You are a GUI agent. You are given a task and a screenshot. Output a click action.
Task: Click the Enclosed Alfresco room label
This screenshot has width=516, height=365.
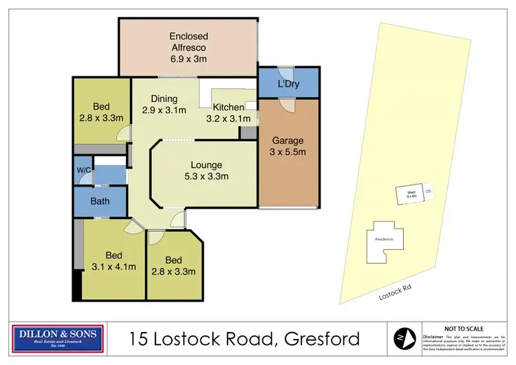(188, 48)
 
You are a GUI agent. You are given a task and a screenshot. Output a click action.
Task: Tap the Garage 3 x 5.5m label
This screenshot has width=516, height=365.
(288, 147)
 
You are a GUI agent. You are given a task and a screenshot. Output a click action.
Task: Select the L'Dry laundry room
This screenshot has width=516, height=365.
(288, 83)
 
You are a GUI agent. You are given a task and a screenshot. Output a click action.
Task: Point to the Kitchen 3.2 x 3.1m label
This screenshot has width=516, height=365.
(228, 113)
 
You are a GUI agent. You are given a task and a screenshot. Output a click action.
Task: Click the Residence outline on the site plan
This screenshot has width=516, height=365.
(383, 242)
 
